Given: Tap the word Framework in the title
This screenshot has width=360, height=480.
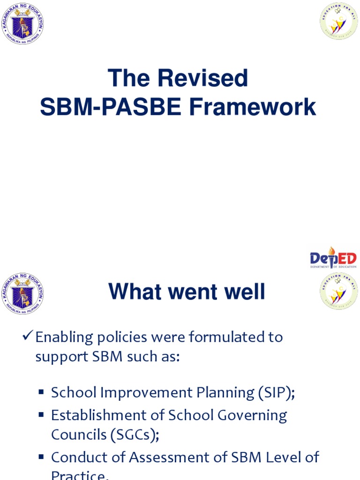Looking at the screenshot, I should tap(253, 107).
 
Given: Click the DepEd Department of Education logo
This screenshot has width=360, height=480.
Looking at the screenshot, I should tap(333, 258).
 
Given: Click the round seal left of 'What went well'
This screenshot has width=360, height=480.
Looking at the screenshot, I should tap(22, 294).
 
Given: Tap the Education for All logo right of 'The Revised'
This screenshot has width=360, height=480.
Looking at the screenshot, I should tap(338, 21).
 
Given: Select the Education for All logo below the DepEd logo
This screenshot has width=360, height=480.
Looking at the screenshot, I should tap(338, 291).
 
